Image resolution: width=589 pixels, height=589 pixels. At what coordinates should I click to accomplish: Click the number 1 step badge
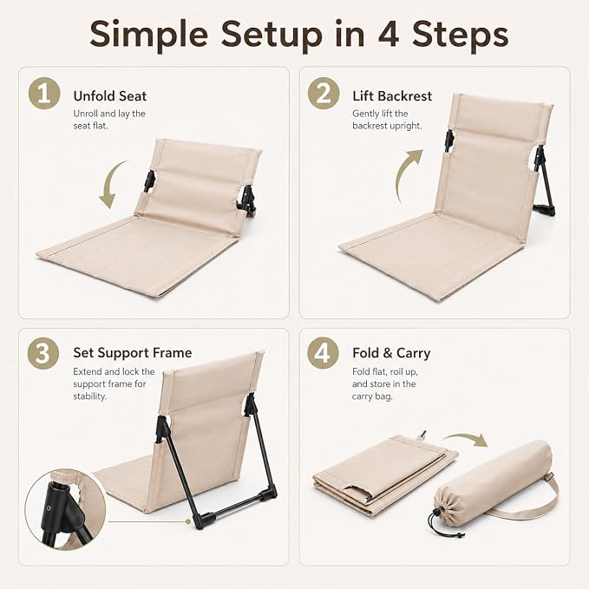44,93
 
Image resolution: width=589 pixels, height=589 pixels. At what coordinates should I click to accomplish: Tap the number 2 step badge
324,93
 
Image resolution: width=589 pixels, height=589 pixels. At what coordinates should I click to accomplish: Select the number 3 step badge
43,353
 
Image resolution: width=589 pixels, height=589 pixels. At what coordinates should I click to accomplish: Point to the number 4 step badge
323,353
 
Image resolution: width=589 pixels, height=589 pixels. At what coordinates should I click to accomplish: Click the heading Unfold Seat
109,96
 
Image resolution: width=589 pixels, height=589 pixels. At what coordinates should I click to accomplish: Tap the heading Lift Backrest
392,96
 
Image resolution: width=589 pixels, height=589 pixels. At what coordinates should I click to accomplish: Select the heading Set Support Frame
132,353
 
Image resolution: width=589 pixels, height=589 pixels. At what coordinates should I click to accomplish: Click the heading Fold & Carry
391,353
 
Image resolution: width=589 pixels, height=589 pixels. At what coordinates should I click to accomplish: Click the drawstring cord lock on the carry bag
436,512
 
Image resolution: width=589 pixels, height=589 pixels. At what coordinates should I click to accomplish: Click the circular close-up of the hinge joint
65,510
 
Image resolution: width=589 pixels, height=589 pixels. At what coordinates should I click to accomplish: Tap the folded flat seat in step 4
384,474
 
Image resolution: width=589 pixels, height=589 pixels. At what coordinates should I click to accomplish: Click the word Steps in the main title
461,35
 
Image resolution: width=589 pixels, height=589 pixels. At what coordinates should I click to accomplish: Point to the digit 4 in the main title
389,34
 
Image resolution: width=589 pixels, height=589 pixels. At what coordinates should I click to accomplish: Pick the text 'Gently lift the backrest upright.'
387,120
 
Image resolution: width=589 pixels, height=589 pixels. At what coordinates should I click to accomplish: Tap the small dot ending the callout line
188,521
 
